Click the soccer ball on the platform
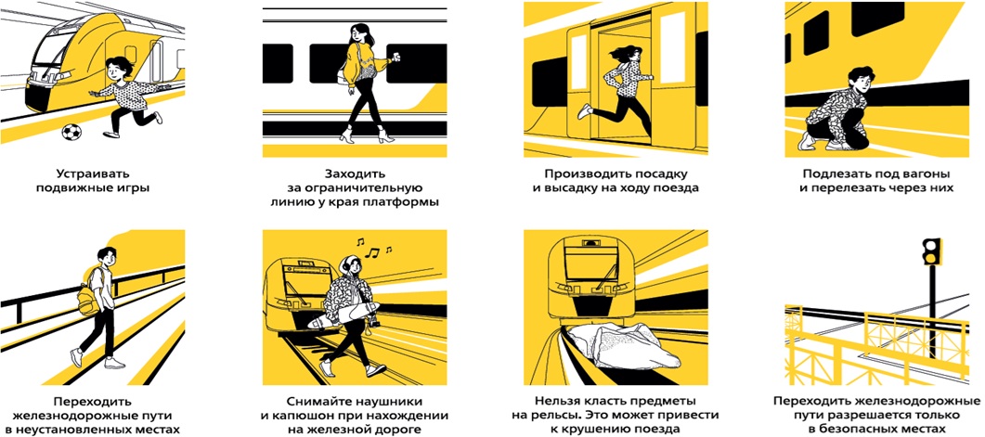coord(71,132)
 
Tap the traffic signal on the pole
coord(931,251)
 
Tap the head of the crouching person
coord(860,79)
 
